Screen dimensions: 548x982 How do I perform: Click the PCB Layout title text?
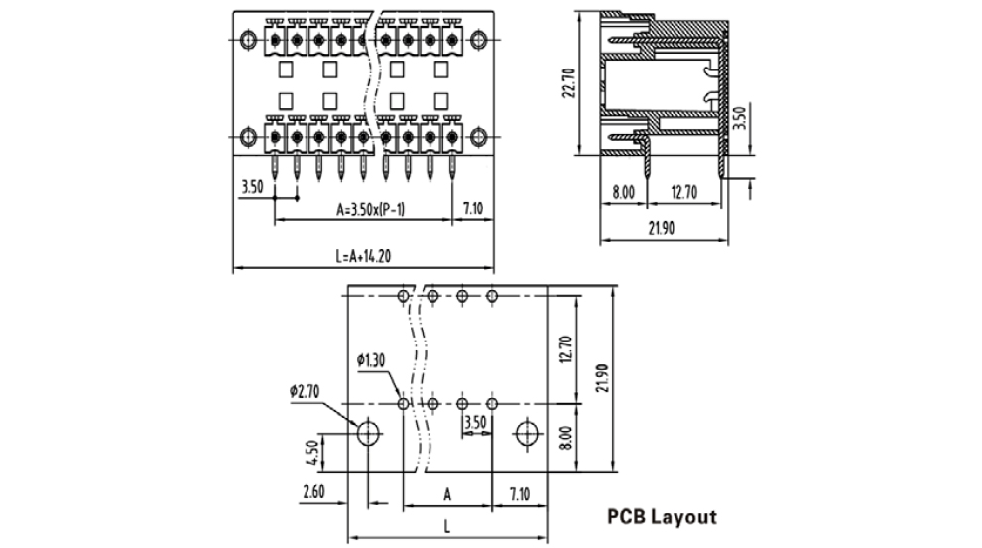pyautogui.click(x=661, y=517)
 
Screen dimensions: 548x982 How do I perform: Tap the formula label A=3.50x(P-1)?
pyautogui.click(x=377, y=209)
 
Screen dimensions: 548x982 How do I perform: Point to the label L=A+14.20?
pyautogui.click(x=363, y=256)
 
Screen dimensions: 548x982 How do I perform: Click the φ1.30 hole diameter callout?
pyautogui.click(x=371, y=359)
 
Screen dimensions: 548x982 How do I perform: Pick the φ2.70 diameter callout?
pyautogui.click(x=307, y=392)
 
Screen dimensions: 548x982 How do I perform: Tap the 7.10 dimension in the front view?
pyautogui.click(x=473, y=208)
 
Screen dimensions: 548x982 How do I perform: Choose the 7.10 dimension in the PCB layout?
pyautogui.click(x=520, y=492)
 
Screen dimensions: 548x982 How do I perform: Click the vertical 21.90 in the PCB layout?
pyautogui.click(x=601, y=376)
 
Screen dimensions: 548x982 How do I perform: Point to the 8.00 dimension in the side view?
pyautogui.click(x=623, y=191)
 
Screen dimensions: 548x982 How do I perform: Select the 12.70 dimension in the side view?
pyautogui.click(x=682, y=191)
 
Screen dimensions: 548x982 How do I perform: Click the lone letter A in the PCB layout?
pyautogui.click(x=447, y=492)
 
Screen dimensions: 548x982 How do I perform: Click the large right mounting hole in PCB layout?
pyautogui.click(x=527, y=433)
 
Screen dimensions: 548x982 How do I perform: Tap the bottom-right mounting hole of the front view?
pyautogui.click(x=479, y=136)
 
